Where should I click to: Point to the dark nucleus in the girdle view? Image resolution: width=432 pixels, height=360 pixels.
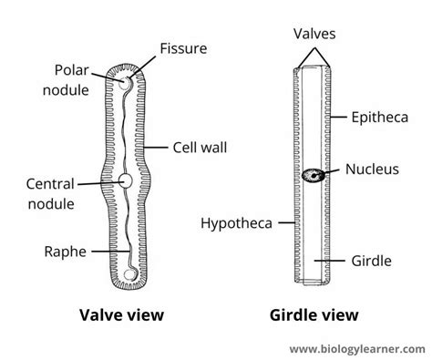coord(314,174)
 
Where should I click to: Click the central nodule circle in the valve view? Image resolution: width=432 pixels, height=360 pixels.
coord(126,182)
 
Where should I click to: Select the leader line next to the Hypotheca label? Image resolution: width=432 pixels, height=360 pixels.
coord(283,221)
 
